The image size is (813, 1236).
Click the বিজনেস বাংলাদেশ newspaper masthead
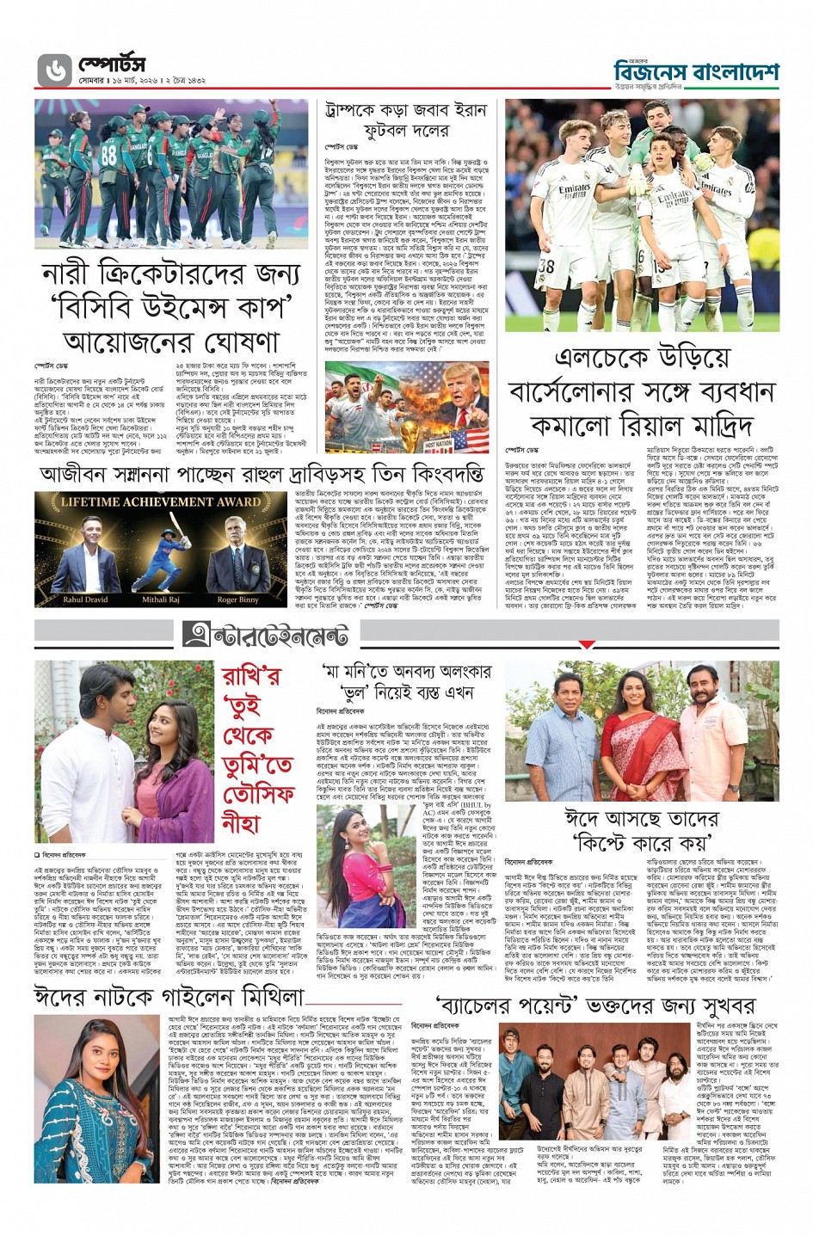pos(696,72)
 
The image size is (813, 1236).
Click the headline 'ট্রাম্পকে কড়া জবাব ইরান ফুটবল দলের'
pos(406,120)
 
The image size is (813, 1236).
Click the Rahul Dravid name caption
pos(85,600)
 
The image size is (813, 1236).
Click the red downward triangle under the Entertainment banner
pos(587,643)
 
